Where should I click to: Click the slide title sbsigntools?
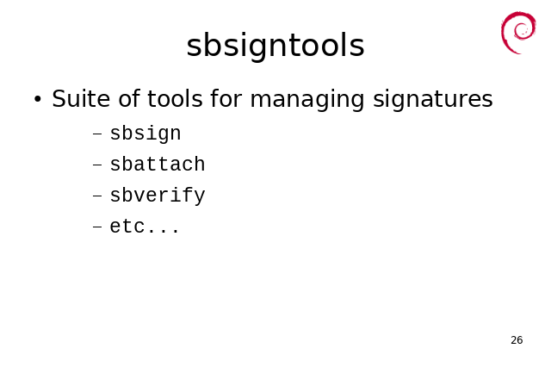click(275, 46)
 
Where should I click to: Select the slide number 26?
click(517, 340)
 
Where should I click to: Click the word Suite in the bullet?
click(81, 98)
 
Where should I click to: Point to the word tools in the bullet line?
click(175, 98)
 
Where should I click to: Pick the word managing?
click(307, 100)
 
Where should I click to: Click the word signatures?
click(433, 100)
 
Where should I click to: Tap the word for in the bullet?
click(226, 98)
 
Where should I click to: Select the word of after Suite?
click(128, 98)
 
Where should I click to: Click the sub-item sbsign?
click(145, 134)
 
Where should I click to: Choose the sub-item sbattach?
click(158, 165)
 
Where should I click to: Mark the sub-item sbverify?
click(158, 196)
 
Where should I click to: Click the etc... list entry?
click(145, 227)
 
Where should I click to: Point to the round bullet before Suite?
click(38, 99)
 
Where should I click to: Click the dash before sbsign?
click(97, 134)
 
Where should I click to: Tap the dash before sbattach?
click(97, 165)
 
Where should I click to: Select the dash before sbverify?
click(97, 196)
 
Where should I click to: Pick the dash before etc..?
click(97, 227)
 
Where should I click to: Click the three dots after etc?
click(164, 231)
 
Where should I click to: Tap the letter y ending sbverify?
click(199, 197)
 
